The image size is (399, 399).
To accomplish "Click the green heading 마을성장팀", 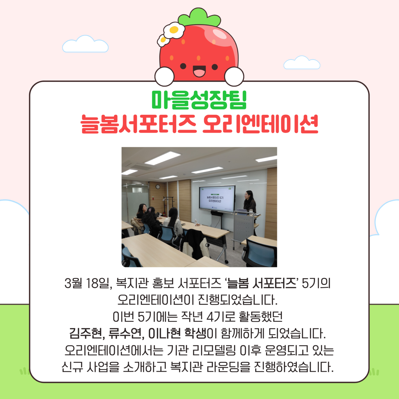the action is tap(199, 100).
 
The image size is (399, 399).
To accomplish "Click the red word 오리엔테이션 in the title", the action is tap(260, 124).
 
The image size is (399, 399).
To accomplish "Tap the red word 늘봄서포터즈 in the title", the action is tap(138, 124).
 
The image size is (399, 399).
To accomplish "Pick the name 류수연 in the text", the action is tap(125, 333).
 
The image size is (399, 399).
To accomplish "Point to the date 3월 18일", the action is tap(88, 284).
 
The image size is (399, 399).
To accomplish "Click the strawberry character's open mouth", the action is tap(199, 71).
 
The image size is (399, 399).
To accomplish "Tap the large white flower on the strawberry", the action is tap(174, 30).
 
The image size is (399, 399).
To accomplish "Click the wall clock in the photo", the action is tap(158, 187).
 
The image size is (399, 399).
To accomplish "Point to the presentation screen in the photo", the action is tap(217, 198).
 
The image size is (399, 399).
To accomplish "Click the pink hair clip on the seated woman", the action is tap(150, 209).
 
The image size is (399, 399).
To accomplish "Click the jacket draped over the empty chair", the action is tap(196, 244).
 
